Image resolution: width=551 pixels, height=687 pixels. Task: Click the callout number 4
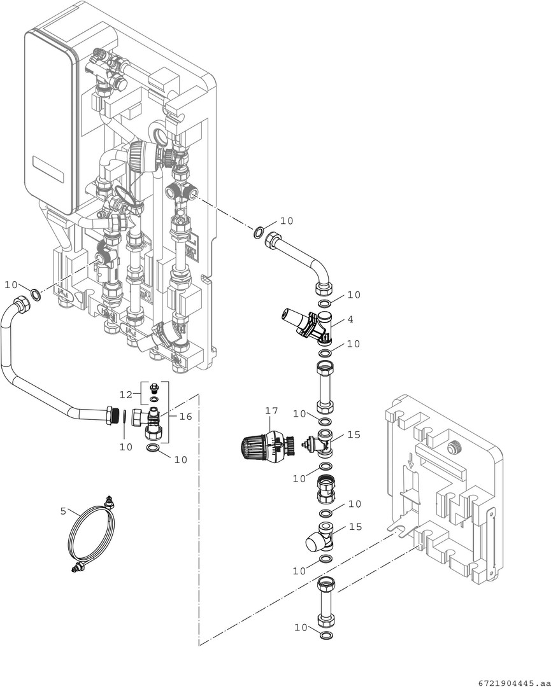[x=350, y=319]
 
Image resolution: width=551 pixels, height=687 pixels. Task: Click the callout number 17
[x=271, y=411]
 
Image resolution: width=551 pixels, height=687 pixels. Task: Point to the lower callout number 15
[x=354, y=527]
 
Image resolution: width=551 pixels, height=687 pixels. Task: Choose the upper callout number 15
[x=354, y=434]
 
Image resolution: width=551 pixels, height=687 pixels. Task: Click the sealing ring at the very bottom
[x=325, y=636]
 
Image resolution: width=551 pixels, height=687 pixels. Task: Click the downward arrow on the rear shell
[x=411, y=463]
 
